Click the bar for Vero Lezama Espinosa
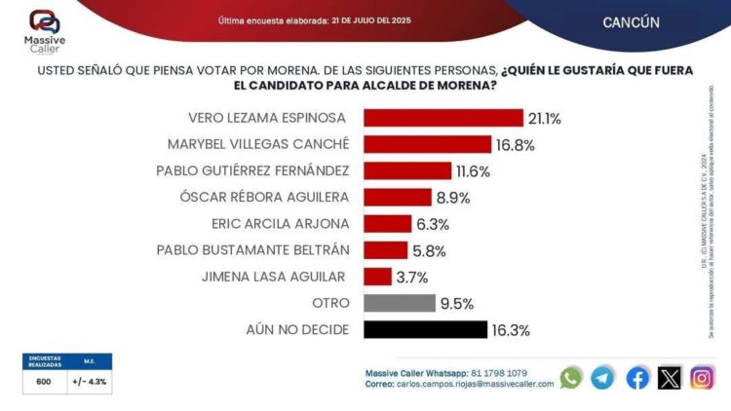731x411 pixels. (443, 118)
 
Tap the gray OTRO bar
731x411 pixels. (400, 303)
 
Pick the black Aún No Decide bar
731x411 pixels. (425, 329)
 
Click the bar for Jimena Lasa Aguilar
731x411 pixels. (378, 277)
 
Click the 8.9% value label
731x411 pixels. (453, 198)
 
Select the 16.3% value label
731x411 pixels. (511, 330)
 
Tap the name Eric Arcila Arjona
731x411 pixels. (280, 223)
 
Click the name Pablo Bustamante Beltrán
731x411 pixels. (252, 249)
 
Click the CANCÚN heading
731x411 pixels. (631, 21)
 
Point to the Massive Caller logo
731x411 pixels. (44, 29)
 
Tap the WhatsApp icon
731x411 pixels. (570, 378)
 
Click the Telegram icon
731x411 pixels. (603, 378)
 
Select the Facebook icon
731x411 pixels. (636, 378)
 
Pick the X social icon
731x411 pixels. (670, 378)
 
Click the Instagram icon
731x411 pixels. (703, 378)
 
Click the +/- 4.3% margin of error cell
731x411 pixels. (89, 383)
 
